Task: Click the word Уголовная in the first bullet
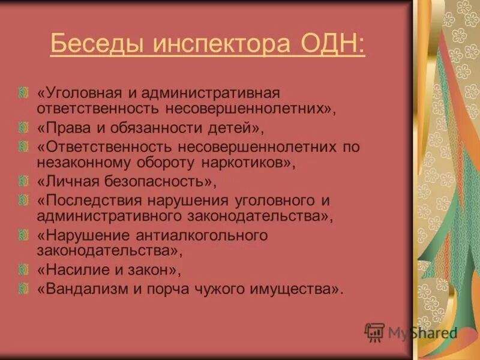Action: click(x=80, y=94)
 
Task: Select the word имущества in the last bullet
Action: click(x=295, y=289)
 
